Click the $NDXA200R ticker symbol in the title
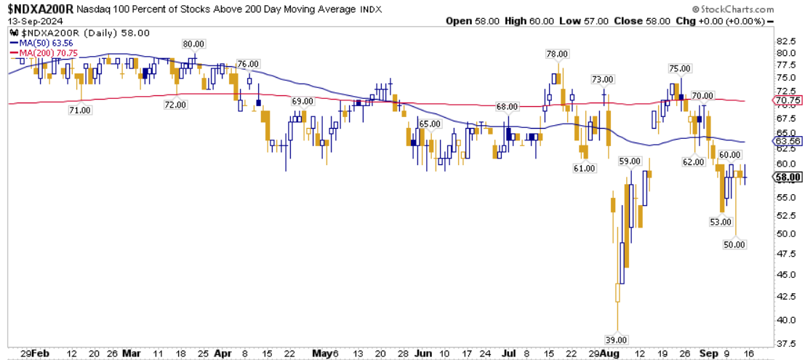tap(38, 8)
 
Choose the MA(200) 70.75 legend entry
tap(43, 53)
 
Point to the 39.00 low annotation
tap(617, 340)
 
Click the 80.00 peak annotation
tap(193, 44)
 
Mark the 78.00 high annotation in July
tap(557, 54)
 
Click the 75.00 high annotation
tap(679, 68)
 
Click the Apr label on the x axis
tap(223, 353)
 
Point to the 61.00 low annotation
tap(584, 168)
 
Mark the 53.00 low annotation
tap(720, 222)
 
